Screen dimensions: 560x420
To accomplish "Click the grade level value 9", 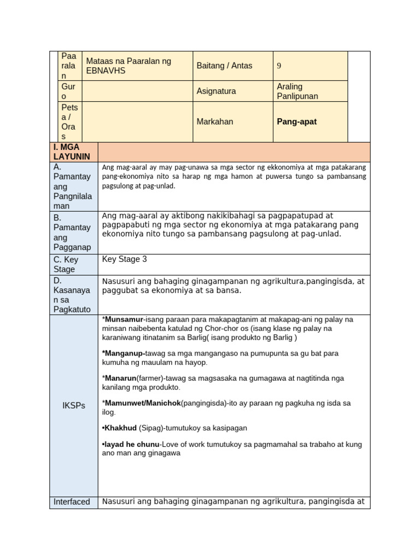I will pos(279,66).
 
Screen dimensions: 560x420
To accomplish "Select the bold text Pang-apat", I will pos(296,121).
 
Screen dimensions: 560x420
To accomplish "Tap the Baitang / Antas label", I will pos(224,66).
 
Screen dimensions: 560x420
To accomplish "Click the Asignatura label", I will pos(216,91).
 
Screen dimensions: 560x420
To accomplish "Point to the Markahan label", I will pos(214,121).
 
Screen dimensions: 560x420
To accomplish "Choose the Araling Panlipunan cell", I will pos(297,91).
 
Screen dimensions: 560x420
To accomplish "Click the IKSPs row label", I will pos(73,406).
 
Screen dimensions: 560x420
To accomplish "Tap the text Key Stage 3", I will pos(124,259).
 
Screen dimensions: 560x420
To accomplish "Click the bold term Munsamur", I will pos(124,319).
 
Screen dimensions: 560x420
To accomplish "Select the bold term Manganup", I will pos(124,353).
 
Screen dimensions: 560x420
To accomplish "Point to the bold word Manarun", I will pos(120,378).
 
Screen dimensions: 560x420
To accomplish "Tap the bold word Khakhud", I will pos(121,428).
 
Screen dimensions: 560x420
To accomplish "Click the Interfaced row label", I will pos(72,501).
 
